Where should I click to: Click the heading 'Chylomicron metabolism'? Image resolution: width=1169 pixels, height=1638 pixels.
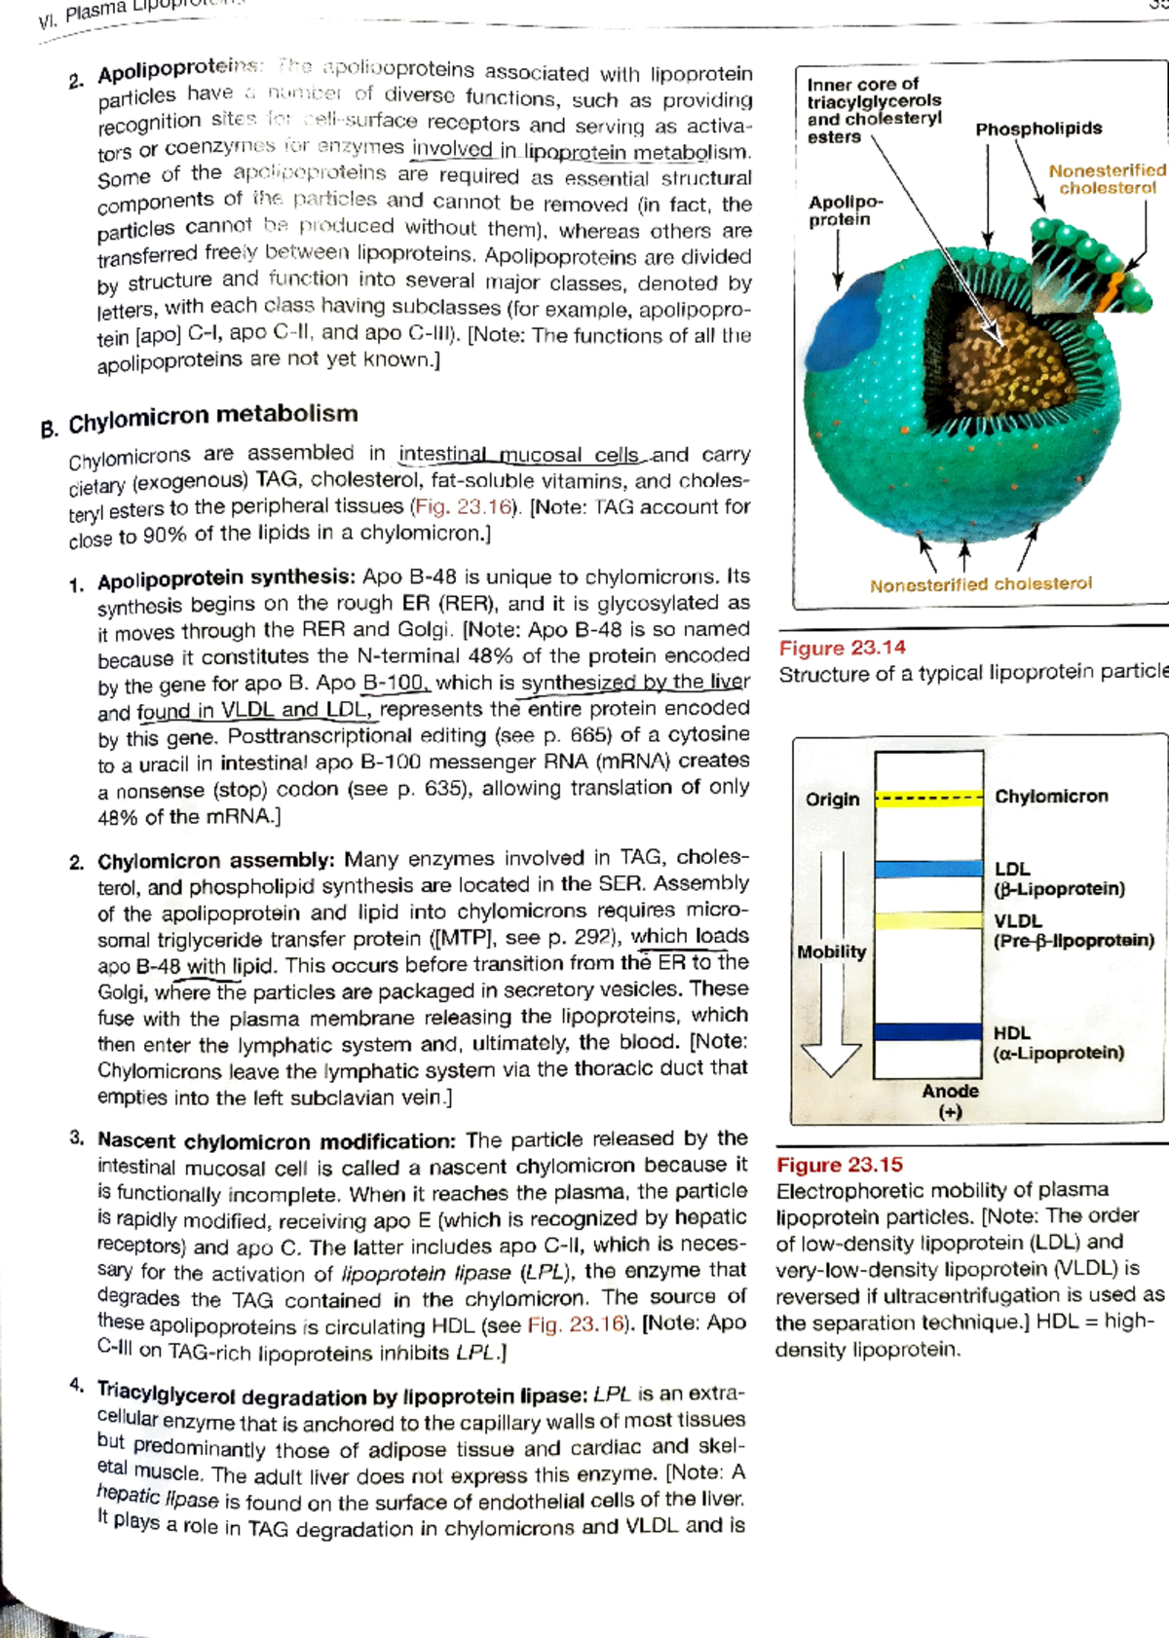point(212,418)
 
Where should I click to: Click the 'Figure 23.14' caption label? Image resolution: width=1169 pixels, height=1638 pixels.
point(842,648)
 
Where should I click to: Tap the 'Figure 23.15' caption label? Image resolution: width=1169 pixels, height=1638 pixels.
point(839,1165)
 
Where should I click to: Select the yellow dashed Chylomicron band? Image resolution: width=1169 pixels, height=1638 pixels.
point(928,800)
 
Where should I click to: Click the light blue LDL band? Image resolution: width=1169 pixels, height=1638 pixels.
point(928,869)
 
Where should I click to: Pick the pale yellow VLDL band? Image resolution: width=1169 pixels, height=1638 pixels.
point(928,920)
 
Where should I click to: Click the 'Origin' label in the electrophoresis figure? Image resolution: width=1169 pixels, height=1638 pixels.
point(832,800)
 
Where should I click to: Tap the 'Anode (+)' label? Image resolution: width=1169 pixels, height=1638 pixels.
point(950,1100)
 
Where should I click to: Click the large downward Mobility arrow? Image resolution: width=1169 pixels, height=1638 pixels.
point(831,1013)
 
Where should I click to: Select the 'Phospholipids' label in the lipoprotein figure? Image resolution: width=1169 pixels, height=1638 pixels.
point(1038,129)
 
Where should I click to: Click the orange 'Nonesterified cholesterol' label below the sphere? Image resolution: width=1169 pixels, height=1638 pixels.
point(980,584)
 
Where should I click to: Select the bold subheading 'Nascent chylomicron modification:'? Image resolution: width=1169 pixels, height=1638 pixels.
point(276,1140)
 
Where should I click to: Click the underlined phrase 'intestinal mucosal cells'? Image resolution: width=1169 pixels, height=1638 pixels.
point(518,455)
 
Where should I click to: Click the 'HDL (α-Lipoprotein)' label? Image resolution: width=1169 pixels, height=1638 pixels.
point(1057,1043)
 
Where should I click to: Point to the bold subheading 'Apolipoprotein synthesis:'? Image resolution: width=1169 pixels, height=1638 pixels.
point(225,579)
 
